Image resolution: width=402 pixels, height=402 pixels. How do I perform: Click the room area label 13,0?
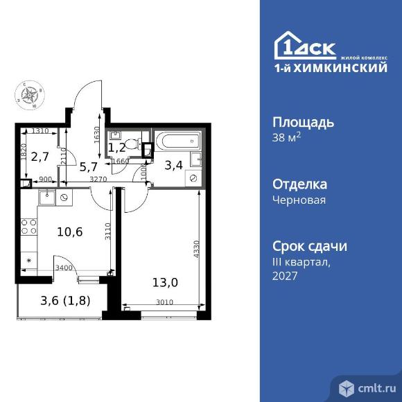point(164,281)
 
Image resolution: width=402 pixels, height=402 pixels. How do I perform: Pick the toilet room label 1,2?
point(117,146)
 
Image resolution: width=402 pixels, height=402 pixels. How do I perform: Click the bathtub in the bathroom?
point(175,142)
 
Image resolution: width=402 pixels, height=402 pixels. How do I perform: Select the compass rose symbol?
point(30,96)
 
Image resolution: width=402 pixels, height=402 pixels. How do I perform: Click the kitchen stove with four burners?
point(30,228)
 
